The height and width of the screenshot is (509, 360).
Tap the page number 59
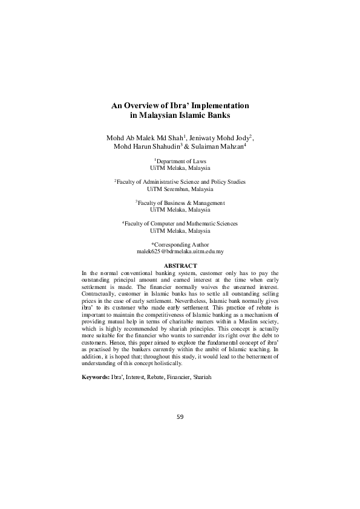coord(180,417)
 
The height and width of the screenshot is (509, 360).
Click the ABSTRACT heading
coord(180,266)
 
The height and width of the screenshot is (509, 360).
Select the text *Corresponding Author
coord(180,244)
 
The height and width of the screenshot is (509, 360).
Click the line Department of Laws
coord(182,161)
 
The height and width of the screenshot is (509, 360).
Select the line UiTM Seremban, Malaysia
coord(180,189)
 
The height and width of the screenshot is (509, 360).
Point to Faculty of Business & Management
coord(182,203)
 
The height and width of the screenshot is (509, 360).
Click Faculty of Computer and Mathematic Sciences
coord(182,223)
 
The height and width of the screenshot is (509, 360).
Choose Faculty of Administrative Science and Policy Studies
coord(182,182)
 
